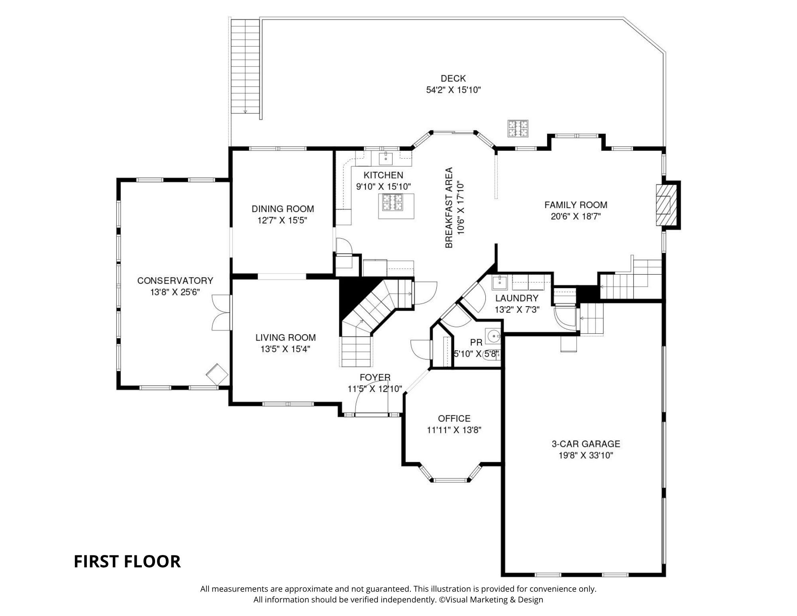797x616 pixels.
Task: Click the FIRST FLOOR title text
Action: tap(127, 561)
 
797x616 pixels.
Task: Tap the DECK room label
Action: tap(453, 79)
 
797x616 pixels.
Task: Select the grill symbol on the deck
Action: tap(518, 128)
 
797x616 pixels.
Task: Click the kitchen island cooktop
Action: tap(393, 202)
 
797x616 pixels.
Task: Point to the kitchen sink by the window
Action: tap(386, 158)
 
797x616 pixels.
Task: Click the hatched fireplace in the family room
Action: tap(664, 205)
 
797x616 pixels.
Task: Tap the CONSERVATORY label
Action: tap(175, 281)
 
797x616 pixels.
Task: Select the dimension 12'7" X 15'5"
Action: tap(283, 220)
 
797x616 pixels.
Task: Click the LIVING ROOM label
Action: tap(285, 338)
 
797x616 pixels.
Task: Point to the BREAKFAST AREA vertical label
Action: tap(449, 208)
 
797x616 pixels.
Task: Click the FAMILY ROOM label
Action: tap(576, 205)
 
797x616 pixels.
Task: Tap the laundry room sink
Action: tap(499, 282)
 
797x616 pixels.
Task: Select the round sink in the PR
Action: tap(493, 337)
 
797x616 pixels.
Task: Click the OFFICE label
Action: tap(454, 418)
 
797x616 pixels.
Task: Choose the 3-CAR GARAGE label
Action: tap(586, 444)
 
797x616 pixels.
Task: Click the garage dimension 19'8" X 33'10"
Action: tap(586, 455)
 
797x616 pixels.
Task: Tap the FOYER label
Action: tap(375, 377)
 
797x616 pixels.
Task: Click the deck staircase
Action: tap(245, 67)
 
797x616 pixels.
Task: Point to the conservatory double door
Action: tap(221, 312)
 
